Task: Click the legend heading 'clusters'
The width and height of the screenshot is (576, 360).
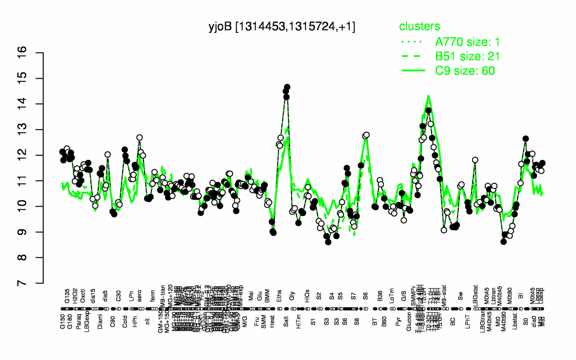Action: [x=419, y=27]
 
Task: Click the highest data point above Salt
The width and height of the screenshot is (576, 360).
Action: [x=287, y=87]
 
